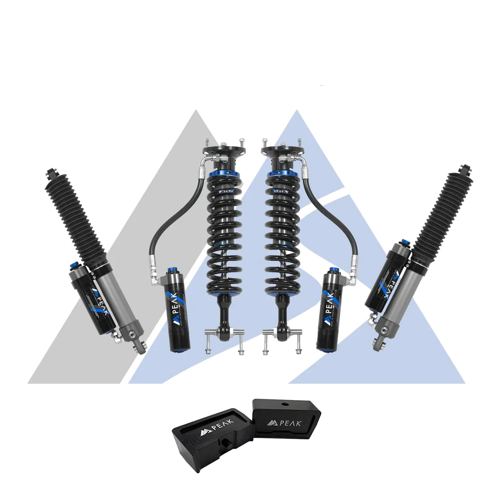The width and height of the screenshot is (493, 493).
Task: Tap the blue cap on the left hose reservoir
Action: (171, 270)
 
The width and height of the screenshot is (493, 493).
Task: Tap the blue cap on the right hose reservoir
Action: (333, 270)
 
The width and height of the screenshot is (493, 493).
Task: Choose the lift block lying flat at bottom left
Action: (211, 439)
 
